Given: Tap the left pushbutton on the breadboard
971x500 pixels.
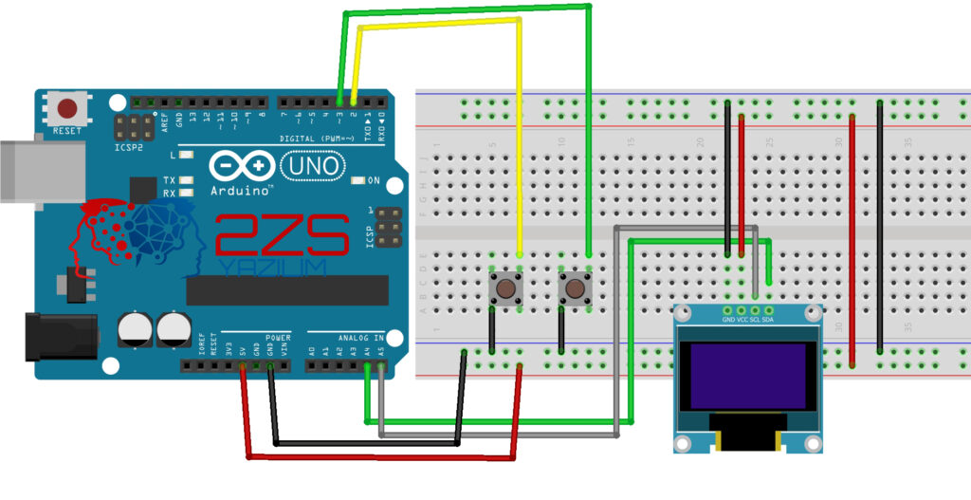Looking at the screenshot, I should click(x=506, y=287).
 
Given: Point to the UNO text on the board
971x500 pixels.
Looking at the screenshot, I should click(x=313, y=166).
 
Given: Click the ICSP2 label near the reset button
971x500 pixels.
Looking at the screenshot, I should click(x=130, y=148).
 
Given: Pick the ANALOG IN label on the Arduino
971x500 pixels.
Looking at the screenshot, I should click(x=361, y=337).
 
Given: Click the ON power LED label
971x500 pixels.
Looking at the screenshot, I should click(x=373, y=180).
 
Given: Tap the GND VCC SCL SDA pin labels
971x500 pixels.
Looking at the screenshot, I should click(x=748, y=321).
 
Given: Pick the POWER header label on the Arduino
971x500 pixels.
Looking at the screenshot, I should click(x=278, y=337).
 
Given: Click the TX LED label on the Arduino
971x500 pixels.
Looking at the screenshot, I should click(x=169, y=179).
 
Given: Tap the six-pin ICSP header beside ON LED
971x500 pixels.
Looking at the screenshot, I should click(x=385, y=229).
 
